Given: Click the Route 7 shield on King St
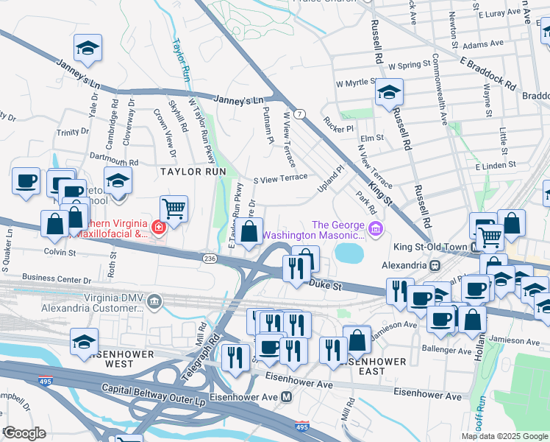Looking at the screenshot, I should [x=299, y=114].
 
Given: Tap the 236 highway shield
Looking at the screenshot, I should [x=210, y=259].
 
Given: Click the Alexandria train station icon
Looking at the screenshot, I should [x=435, y=264].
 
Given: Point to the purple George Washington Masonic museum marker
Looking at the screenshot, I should [x=377, y=230].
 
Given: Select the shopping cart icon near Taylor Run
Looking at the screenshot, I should [x=174, y=208].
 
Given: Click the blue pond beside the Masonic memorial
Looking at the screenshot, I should [x=349, y=253].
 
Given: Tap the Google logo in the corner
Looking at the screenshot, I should [x=24, y=432].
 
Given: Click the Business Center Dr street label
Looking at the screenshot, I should [x=57, y=280].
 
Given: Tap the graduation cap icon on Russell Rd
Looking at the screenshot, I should [x=389, y=93].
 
